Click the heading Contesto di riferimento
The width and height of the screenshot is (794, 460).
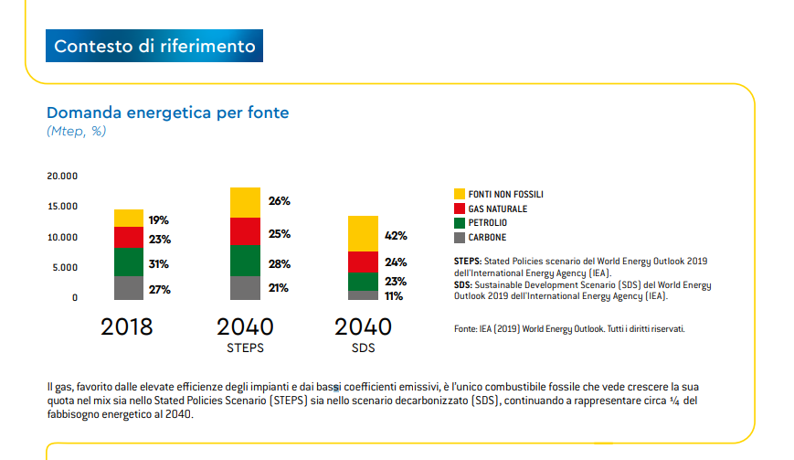pyautogui.click(x=155, y=46)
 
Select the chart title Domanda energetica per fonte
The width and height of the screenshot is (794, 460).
pyautogui.click(x=167, y=112)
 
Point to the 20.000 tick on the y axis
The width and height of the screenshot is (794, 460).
pyautogui.click(x=62, y=176)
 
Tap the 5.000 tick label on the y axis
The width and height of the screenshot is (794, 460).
pyautogui.click(x=62, y=268)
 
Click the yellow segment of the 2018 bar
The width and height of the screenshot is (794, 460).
pyautogui.click(x=129, y=218)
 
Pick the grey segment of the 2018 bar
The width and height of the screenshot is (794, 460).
pyautogui.click(x=129, y=287)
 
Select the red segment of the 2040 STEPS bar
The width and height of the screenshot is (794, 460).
pyautogui.click(x=245, y=230)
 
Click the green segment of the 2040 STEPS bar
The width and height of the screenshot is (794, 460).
pyautogui.click(x=245, y=260)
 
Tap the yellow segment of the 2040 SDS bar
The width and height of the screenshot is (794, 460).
pyautogui.click(x=363, y=233)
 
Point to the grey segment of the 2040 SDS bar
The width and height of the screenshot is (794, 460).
pyautogui.click(x=363, y=295)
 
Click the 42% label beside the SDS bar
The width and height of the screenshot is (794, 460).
pyautogui.click(x=396, y=236)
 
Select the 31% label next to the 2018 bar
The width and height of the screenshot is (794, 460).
pyautogui.click(x=159, y=264)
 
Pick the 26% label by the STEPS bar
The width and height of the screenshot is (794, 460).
pyautogui.click(x=279, y=201)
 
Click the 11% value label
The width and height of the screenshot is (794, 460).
pyautogui.click(x=395, y=296)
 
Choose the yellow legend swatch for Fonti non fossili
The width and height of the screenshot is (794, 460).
pyautogui.click(x=461, y=194)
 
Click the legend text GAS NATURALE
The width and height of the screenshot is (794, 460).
pyautogui.click(x=497, y=209)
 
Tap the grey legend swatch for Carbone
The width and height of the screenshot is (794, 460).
pyautogui.click(x=461, y=238)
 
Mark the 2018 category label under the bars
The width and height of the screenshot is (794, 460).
pyautogui.click(x=127, y=326)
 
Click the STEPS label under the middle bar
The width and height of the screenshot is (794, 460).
pyautogui.click(x=245, y=348)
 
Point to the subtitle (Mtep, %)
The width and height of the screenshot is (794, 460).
pyautogui.click(x=77, y=132)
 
